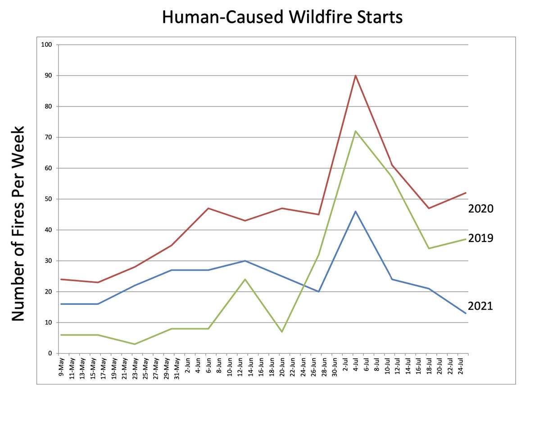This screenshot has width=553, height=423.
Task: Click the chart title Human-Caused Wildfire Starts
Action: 282,18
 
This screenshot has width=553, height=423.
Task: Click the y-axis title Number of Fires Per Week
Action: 18,224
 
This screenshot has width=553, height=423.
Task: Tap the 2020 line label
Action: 480,209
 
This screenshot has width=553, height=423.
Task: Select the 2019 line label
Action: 480,238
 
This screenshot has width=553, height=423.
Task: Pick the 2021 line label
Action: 480,306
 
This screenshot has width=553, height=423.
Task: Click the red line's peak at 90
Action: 356,76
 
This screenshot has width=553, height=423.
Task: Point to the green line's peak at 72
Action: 356,131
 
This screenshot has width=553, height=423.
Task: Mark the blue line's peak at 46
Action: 356,211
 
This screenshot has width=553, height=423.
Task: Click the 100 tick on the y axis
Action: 47,45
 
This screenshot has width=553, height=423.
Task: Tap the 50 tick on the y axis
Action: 48,199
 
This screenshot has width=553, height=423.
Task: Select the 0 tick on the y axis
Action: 50,353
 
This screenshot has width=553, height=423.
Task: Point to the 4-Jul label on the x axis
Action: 356,365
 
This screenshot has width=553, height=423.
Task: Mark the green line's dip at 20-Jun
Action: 282,332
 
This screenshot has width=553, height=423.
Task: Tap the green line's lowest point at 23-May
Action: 135,344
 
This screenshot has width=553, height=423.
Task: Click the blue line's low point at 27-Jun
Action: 319,292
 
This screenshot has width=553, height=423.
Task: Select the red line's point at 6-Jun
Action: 209,208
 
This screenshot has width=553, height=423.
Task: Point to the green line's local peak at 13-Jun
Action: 245,279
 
